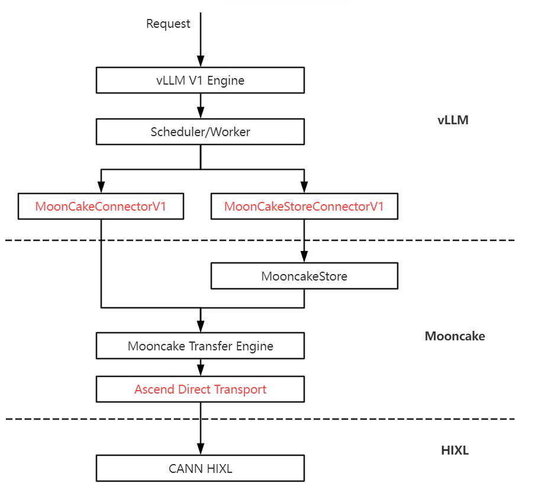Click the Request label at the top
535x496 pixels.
tap(168, 24)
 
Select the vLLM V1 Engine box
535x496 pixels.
tap(200, 80)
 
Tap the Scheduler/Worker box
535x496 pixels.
tap(200, 131)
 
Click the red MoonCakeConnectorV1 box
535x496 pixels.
tap(101, 207)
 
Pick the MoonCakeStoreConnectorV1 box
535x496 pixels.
tap(304, 207)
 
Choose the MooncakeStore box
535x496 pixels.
tap(304, 276)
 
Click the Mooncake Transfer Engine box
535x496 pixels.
tap(200, 346)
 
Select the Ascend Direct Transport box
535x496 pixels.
tap(200, 389)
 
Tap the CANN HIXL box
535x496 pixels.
tap(200, 469)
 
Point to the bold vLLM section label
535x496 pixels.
tap(453, 120)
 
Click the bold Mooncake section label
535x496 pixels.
tap(455, 336)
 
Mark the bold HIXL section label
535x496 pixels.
tap(455, 450)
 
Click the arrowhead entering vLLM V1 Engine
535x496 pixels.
tap(201, 62)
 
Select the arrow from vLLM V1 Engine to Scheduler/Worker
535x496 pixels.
tap(201, 108)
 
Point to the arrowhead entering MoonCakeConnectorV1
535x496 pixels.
tap(101, 188)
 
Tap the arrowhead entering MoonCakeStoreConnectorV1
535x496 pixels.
tap(304, 188)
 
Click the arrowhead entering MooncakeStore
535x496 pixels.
tap(304, 257)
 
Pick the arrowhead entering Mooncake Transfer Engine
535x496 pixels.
tap(201, 327)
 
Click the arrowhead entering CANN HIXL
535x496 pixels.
tap(201, 449)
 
